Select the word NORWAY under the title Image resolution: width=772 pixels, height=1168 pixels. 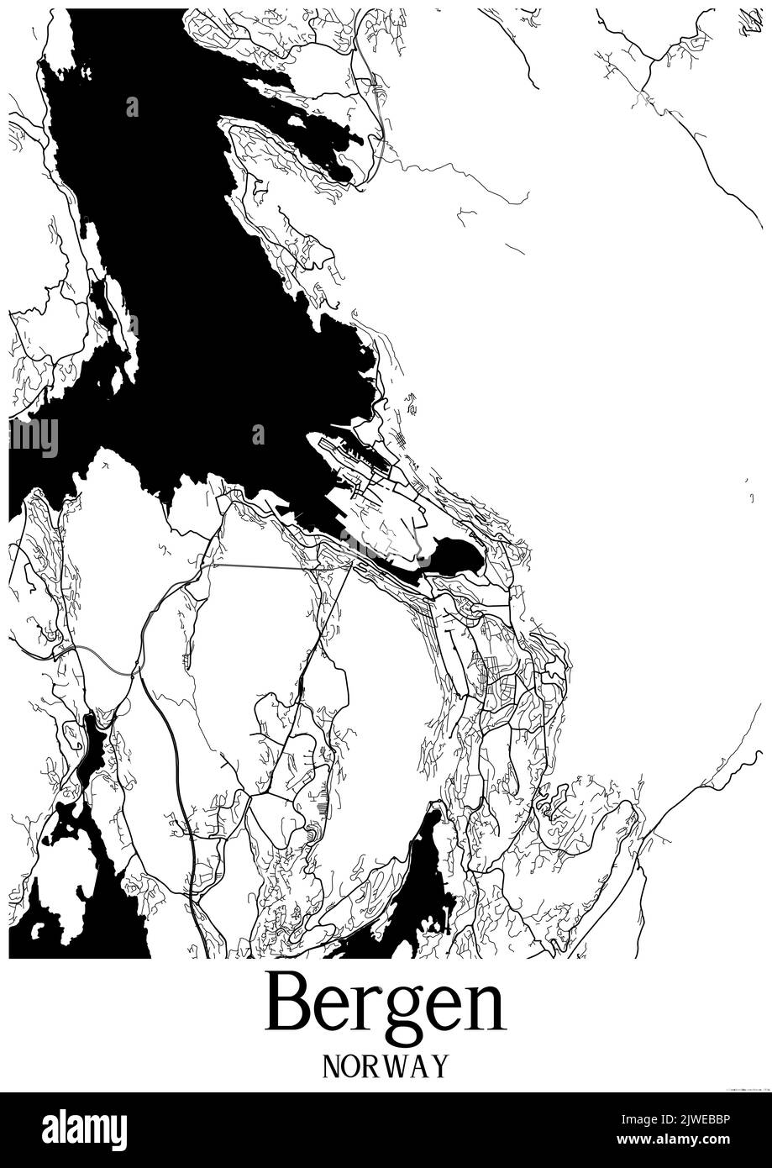pos(386,1066)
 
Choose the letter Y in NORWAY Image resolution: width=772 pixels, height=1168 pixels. pos(439,1066)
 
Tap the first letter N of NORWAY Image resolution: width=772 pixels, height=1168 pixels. pos(332,1066)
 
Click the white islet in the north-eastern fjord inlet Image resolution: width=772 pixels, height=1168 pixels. pos(295,121)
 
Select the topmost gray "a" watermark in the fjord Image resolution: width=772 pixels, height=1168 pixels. pos(132,107)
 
